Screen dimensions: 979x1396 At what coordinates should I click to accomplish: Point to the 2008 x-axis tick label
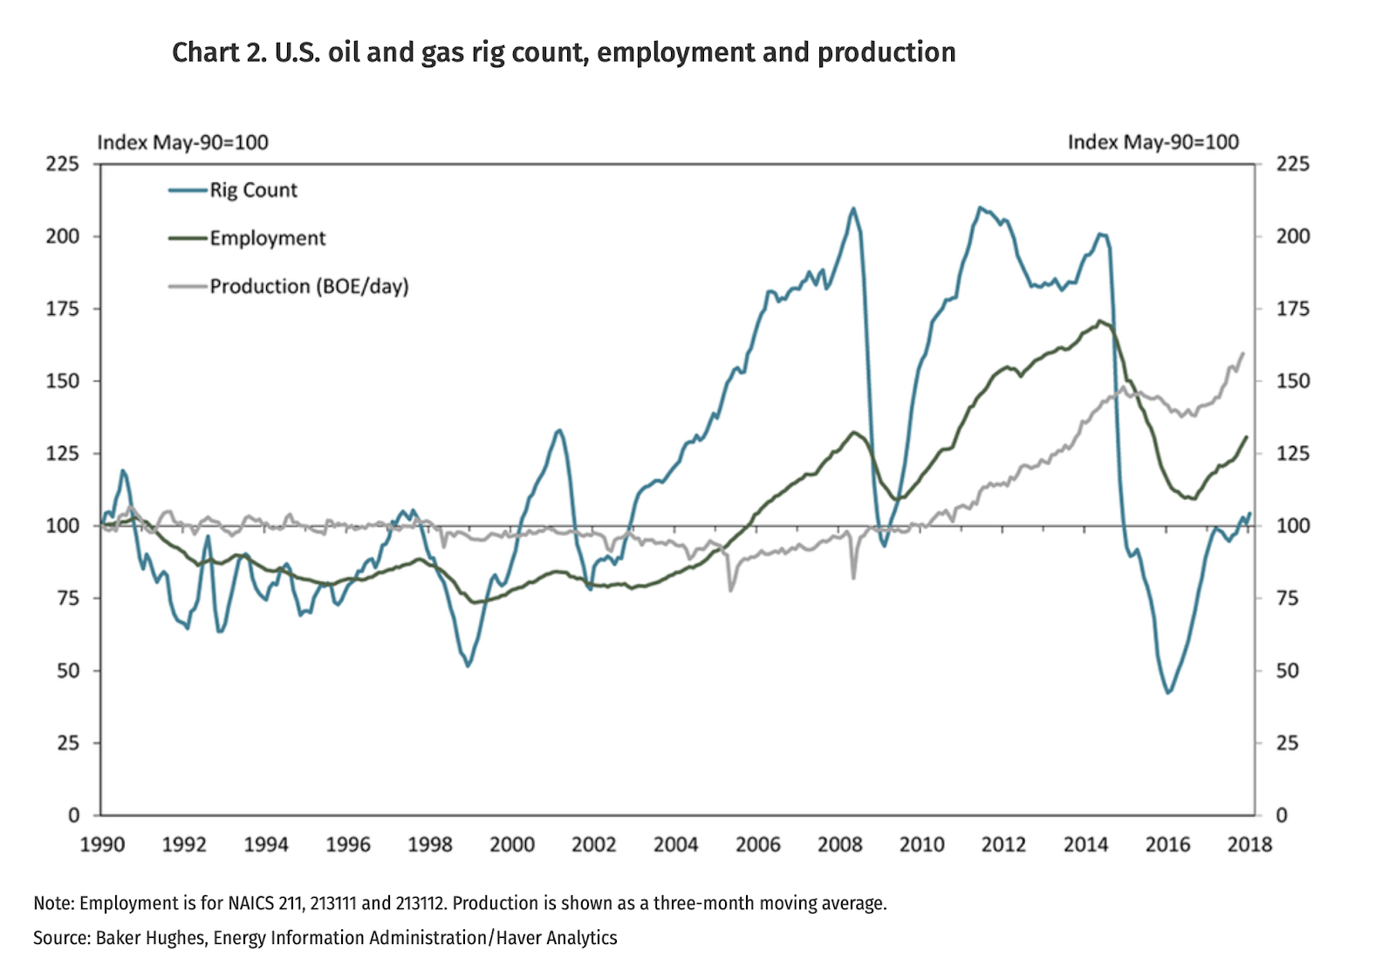pos(839,845)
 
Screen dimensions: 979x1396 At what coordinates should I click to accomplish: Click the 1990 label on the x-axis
pos(102,845)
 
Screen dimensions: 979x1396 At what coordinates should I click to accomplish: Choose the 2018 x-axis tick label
pos(1249,845)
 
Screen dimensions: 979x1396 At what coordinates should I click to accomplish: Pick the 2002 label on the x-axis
pos(593,845)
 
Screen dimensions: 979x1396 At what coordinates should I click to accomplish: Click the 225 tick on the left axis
pos(62,164)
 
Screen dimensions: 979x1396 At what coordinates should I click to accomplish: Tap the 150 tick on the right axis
pos(1293,381)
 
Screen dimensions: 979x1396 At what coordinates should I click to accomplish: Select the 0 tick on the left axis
pos(73,815)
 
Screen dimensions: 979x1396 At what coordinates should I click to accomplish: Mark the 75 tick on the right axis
pos(1288,599)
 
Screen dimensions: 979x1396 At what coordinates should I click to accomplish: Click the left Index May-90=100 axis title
pos(182,142)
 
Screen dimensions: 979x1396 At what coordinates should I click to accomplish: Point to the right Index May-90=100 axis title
pos(1153,142)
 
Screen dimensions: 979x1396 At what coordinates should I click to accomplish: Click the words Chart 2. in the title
pos(218,52)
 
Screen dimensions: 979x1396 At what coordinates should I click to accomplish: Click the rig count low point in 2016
pos(1168,693)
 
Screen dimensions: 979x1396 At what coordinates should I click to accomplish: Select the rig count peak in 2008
pos(852,208)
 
